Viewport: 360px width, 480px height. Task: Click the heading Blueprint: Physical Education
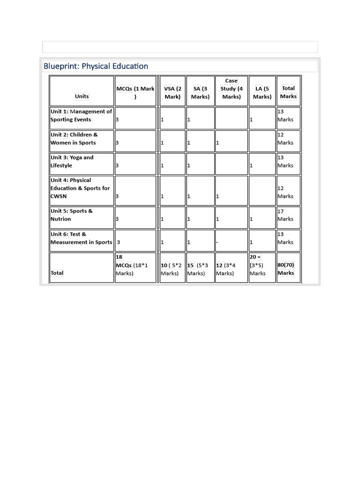point(96,66)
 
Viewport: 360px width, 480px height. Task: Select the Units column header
point(82,96)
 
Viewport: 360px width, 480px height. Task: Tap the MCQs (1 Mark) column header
point(135,92)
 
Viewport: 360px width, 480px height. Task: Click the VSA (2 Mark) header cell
point(172,92)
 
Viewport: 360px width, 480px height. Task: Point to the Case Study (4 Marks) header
point(231,89)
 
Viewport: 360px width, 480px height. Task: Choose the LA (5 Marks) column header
point(262,92)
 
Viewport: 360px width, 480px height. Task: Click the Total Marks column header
point(288,92)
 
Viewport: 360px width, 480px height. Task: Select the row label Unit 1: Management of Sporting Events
point(81,115)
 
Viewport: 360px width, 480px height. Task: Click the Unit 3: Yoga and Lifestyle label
point(72,161)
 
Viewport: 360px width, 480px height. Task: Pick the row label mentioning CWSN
point(80,188)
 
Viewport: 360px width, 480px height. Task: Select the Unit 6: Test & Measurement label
point(81,238)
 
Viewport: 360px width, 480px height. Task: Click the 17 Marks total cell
point(285,215)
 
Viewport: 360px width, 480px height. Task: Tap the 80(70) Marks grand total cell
point(286,269)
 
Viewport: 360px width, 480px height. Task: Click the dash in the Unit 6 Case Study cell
point(217,242)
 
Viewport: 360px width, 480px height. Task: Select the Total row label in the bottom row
point(57,273)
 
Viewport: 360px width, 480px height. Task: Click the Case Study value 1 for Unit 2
point(217,142)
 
